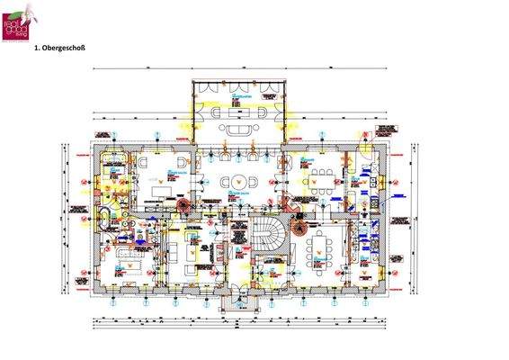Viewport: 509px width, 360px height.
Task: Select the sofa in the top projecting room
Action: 240,129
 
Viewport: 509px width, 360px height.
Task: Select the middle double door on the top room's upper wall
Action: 239,84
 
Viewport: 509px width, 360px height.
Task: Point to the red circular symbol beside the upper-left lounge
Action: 183,204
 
